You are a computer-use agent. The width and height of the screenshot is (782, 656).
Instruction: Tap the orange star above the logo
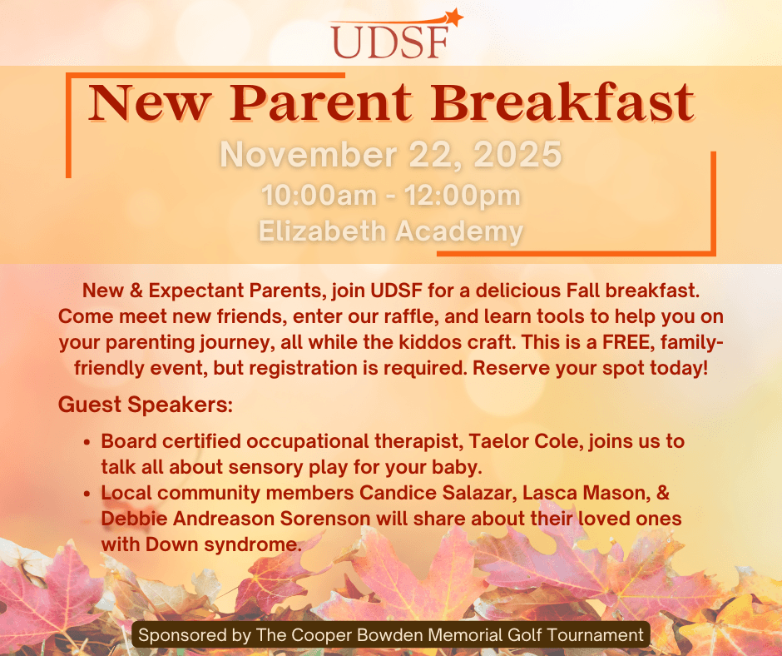click(454, 17)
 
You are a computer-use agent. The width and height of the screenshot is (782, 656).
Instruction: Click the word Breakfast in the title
click(563, 102)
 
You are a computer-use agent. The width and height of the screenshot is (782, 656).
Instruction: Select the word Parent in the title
click(321, 103)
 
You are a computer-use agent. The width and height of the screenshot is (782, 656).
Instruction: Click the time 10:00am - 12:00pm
click(391, 195)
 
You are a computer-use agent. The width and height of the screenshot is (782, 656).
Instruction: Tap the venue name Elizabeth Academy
click(391, 231)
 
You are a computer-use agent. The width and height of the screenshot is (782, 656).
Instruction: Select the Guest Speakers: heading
click(146, 405)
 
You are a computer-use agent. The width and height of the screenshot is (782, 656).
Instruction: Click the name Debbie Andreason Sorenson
click(236, 518)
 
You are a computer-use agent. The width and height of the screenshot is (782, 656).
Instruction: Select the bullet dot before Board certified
click(87, 442)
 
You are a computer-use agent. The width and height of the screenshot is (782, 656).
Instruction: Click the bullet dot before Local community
click(87, 494)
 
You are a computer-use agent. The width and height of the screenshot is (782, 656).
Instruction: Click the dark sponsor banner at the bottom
click(391, 634)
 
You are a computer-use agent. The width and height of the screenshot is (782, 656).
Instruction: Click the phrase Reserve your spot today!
click(590, 369)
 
